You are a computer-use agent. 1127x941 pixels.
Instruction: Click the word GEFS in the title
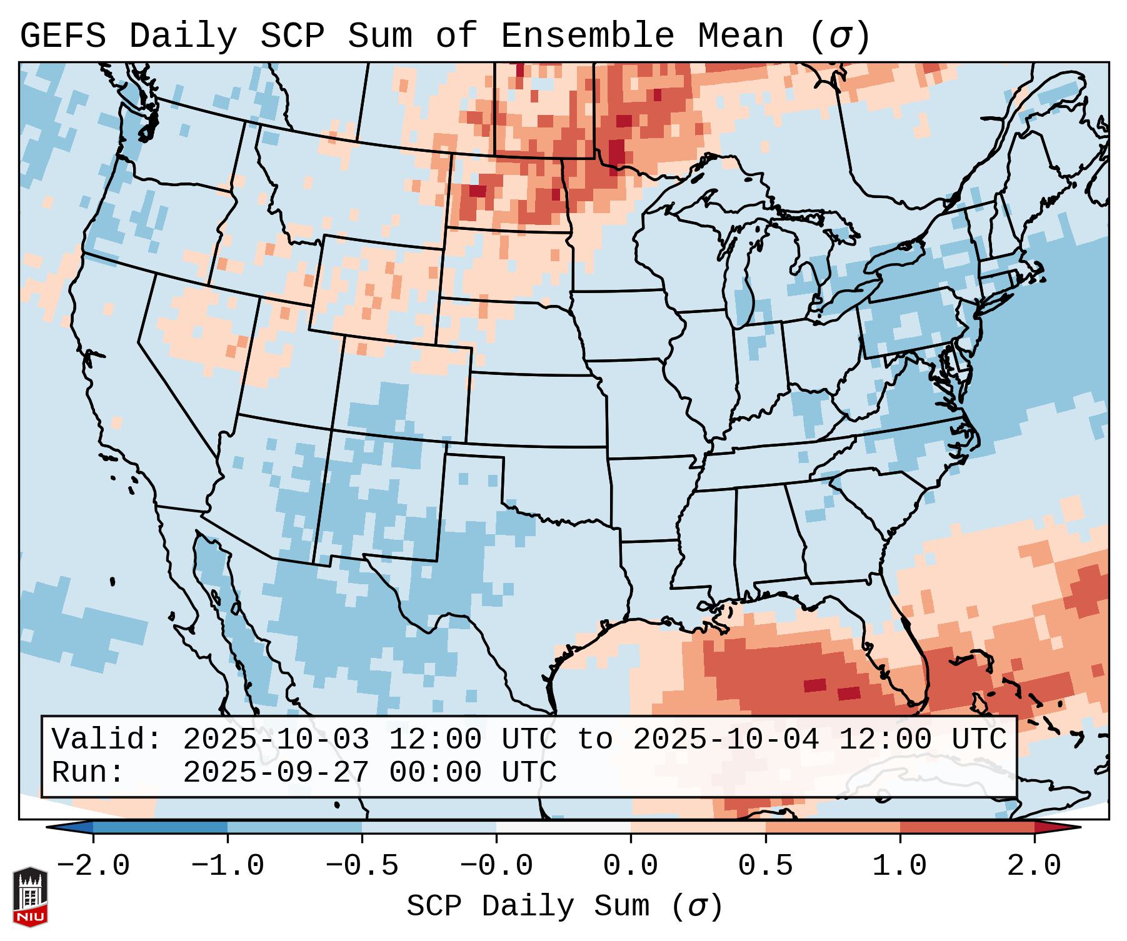click(x=63, y=36)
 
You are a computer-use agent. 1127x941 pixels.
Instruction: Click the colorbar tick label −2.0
click(x=93, y=866)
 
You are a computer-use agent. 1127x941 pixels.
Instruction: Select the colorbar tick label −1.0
click(x=228, y=866)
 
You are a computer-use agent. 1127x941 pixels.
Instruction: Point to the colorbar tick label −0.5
click(x=362, y=866)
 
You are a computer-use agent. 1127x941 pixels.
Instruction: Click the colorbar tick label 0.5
click(x=765, y=866)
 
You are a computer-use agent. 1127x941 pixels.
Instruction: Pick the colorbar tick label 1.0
click(x=899, y=866)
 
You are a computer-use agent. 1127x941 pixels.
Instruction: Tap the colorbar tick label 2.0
click(x=1034, y=866)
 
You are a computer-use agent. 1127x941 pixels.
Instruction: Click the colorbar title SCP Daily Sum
click(x=528, y=906)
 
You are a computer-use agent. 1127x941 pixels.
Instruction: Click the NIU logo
click(x=30, y=897)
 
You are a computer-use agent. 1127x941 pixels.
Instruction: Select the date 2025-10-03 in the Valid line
click(x=276, y=739)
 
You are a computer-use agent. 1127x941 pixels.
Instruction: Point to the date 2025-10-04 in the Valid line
click(x=726, y=739)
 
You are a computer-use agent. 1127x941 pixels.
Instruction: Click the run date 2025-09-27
click(x=276, y=772)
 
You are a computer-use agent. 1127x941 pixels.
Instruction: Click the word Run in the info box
click(x=88, y=772)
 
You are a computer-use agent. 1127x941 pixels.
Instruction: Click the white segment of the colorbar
click(x=563, y=827)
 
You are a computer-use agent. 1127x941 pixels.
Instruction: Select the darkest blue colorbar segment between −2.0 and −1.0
click(x=160, y=827)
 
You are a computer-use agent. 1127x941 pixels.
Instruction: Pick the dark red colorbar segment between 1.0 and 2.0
click(x=967, y=827)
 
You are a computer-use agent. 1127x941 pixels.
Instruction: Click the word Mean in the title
click(x=740, y=36)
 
